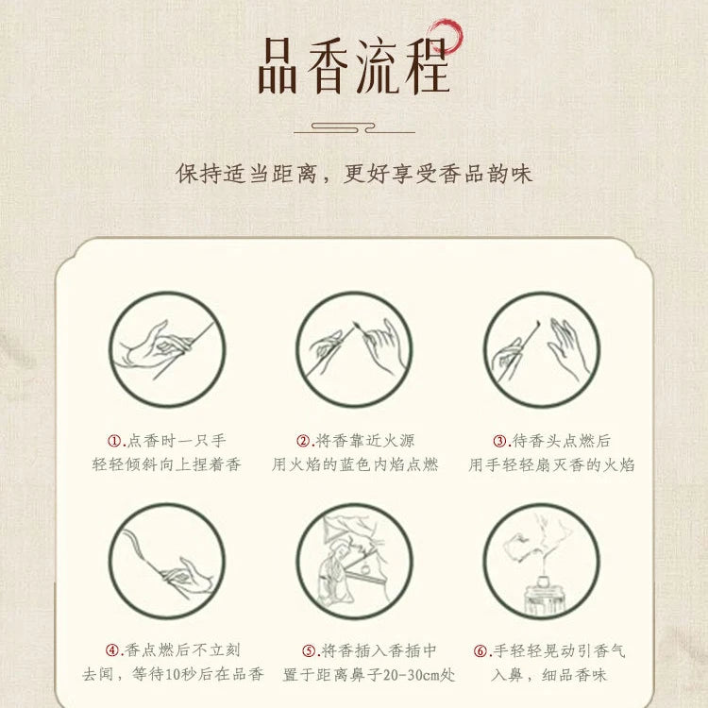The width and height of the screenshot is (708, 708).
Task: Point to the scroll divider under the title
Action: click(354, 126)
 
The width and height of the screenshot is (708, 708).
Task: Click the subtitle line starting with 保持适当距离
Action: click(354, 174)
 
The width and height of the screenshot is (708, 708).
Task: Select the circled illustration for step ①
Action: click(166, 349)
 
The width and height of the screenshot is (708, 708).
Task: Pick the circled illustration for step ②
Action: click(354, 349)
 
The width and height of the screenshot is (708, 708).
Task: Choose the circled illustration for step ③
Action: click(542, 349)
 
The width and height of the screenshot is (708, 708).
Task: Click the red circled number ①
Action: click(115, 441)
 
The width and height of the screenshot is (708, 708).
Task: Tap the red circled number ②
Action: click(304, 441)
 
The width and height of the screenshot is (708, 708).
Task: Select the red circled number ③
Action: click(500, 441)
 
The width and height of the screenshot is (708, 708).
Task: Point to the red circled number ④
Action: click(112, 650)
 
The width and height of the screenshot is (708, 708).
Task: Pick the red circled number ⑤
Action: click(309, 650)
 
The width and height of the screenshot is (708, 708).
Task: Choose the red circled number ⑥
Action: click(480, 650)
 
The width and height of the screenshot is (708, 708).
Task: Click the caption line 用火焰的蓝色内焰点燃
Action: click(355, 464)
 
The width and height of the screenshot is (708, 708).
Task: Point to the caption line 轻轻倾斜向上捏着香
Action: click(166, 464)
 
